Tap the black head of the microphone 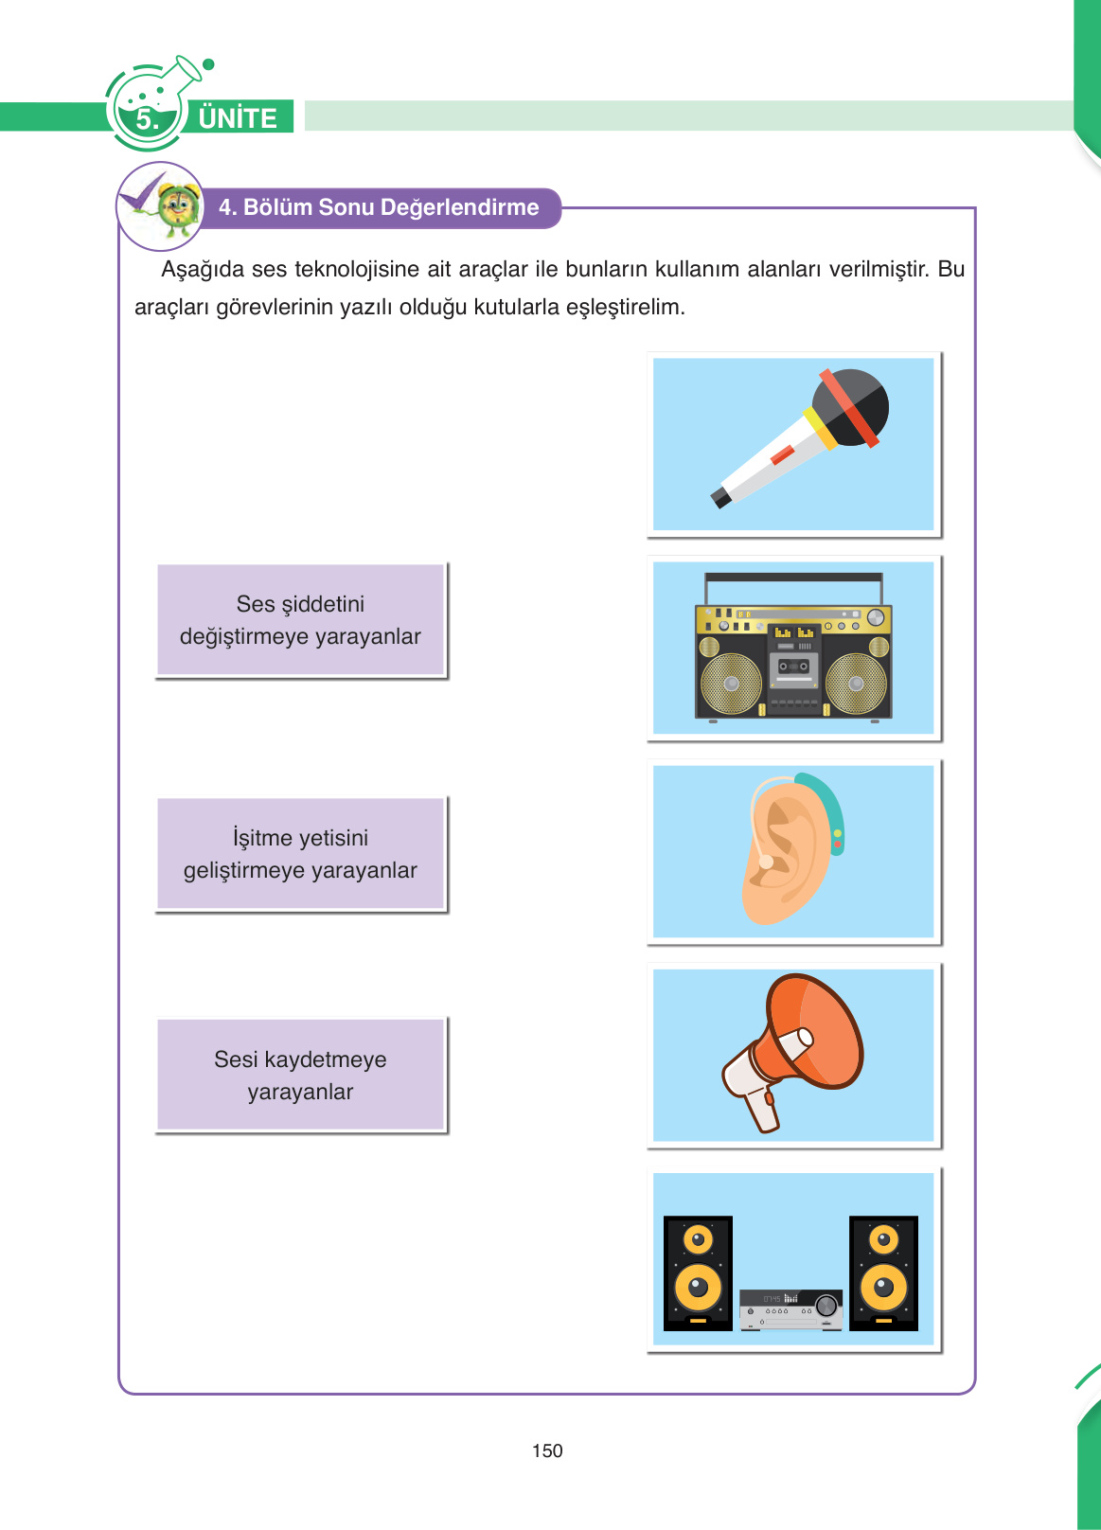click(852, 405)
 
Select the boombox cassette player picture click(793, 648)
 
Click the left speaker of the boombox click(731, 683)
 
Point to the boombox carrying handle click(793, 578)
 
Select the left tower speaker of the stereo click(698, 1272)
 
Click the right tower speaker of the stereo click(883, 1272)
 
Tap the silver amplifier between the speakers click(790, 1308)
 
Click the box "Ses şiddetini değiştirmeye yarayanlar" click(300, 620)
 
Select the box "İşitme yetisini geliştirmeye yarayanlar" click(300, 854)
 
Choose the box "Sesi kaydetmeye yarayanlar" click(300, 1075)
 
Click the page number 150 click(547, 1450)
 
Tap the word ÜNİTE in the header click(238, 117)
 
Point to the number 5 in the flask click(147, 119)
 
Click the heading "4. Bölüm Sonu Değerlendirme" click(379, 207)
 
